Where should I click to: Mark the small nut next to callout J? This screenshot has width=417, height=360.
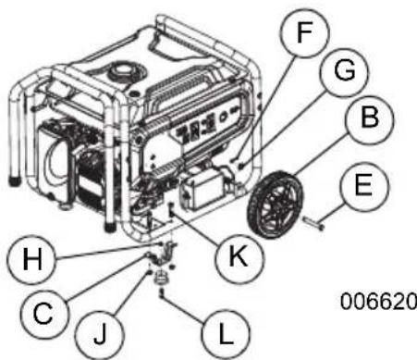click(x=147, y=274)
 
